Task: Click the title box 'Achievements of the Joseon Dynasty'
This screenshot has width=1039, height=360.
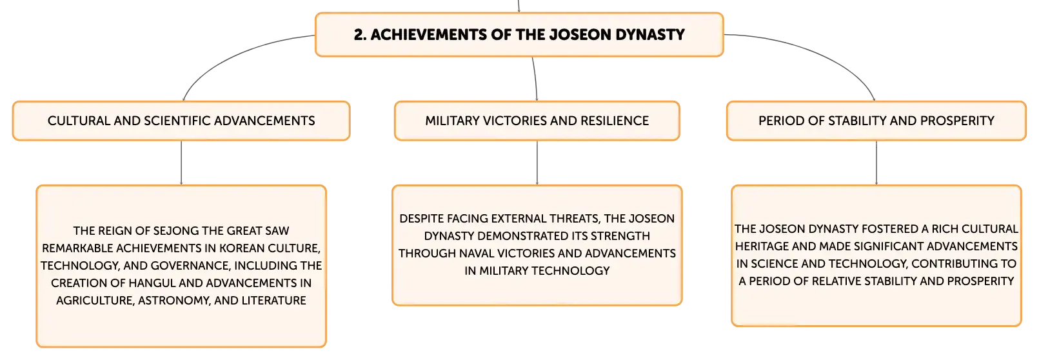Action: click(519, 35)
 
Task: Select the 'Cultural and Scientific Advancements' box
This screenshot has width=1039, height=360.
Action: click(181, 121)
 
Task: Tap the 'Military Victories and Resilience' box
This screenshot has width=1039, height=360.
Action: click(537, 121)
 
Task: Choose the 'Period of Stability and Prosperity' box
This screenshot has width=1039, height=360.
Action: click(876, 121)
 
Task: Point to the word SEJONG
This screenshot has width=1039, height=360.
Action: click(176, 230)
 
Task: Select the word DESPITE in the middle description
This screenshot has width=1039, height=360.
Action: click(421, 219)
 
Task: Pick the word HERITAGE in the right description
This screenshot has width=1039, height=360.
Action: click(764, 246)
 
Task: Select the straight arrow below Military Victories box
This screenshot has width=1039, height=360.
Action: click(537, 163)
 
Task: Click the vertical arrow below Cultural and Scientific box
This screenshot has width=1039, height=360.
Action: click(181, 163)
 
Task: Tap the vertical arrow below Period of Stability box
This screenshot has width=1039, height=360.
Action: click(876, 163)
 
